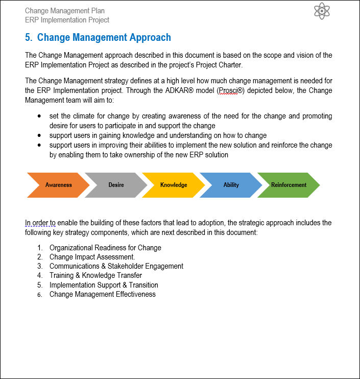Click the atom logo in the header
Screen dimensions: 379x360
click(x=323, y=11)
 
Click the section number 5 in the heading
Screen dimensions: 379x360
click(x=28, y=37)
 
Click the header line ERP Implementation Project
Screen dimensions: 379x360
click(x=67, y=20)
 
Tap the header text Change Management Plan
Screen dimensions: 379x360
click(x=65, y=11)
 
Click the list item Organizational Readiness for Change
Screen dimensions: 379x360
click(x=105, y=248)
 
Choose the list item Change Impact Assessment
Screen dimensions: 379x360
click(x=92, y=257)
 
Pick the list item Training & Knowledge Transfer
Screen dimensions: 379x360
click(x=95, y=275)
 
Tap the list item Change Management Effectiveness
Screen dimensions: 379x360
click(x=102, y=294)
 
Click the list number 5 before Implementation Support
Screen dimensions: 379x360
click(x=39, y=285)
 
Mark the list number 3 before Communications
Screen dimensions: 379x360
click(x=39, y=266)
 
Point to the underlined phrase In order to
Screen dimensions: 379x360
click(x=40, y=223)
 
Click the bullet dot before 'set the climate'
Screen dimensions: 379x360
click(x=40, y=116)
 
